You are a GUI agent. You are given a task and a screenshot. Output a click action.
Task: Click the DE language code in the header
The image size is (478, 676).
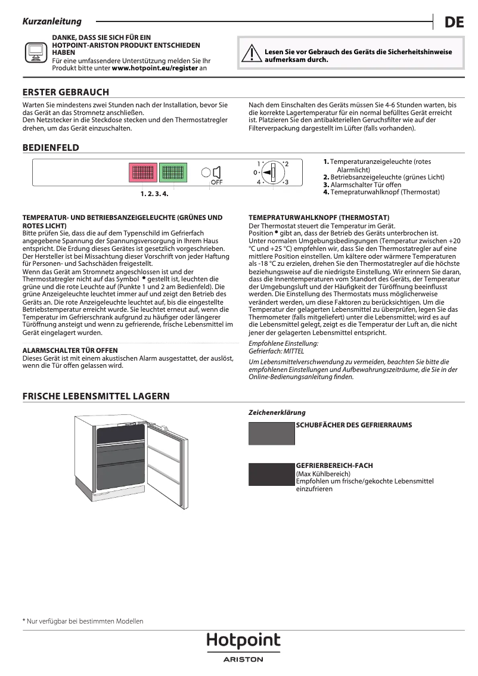click(x=454, y=23)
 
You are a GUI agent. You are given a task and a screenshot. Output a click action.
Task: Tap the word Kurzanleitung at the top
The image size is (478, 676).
click(x=52, y=21)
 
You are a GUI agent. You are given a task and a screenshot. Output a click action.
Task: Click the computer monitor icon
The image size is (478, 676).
click(x=35, y=52)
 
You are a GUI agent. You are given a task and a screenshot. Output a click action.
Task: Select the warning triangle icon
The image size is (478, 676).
click(x=250, y=55)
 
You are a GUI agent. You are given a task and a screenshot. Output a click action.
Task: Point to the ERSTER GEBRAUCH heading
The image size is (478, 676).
click(x=66, y=92)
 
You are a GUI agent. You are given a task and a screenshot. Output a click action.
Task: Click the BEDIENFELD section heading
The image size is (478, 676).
click(x=51, y=148)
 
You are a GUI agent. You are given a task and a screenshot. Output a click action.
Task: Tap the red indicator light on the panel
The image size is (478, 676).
click(x=143, y=173)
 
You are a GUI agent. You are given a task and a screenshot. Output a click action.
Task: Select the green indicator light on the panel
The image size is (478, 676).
click(x=173, y=173)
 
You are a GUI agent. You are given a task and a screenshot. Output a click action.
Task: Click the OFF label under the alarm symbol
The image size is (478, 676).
click(x=216, y=182)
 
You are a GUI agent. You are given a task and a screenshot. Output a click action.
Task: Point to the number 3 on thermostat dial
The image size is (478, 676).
click(x=286, y=182)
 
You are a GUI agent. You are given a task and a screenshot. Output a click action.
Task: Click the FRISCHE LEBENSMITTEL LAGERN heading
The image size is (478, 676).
click(x=96, y=396)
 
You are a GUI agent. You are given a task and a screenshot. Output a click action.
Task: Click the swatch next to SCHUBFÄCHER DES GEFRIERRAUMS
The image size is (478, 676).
click(x=272, y=433)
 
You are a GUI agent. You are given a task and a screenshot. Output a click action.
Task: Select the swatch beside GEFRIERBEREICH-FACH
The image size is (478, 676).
click(x=272, y=474)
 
